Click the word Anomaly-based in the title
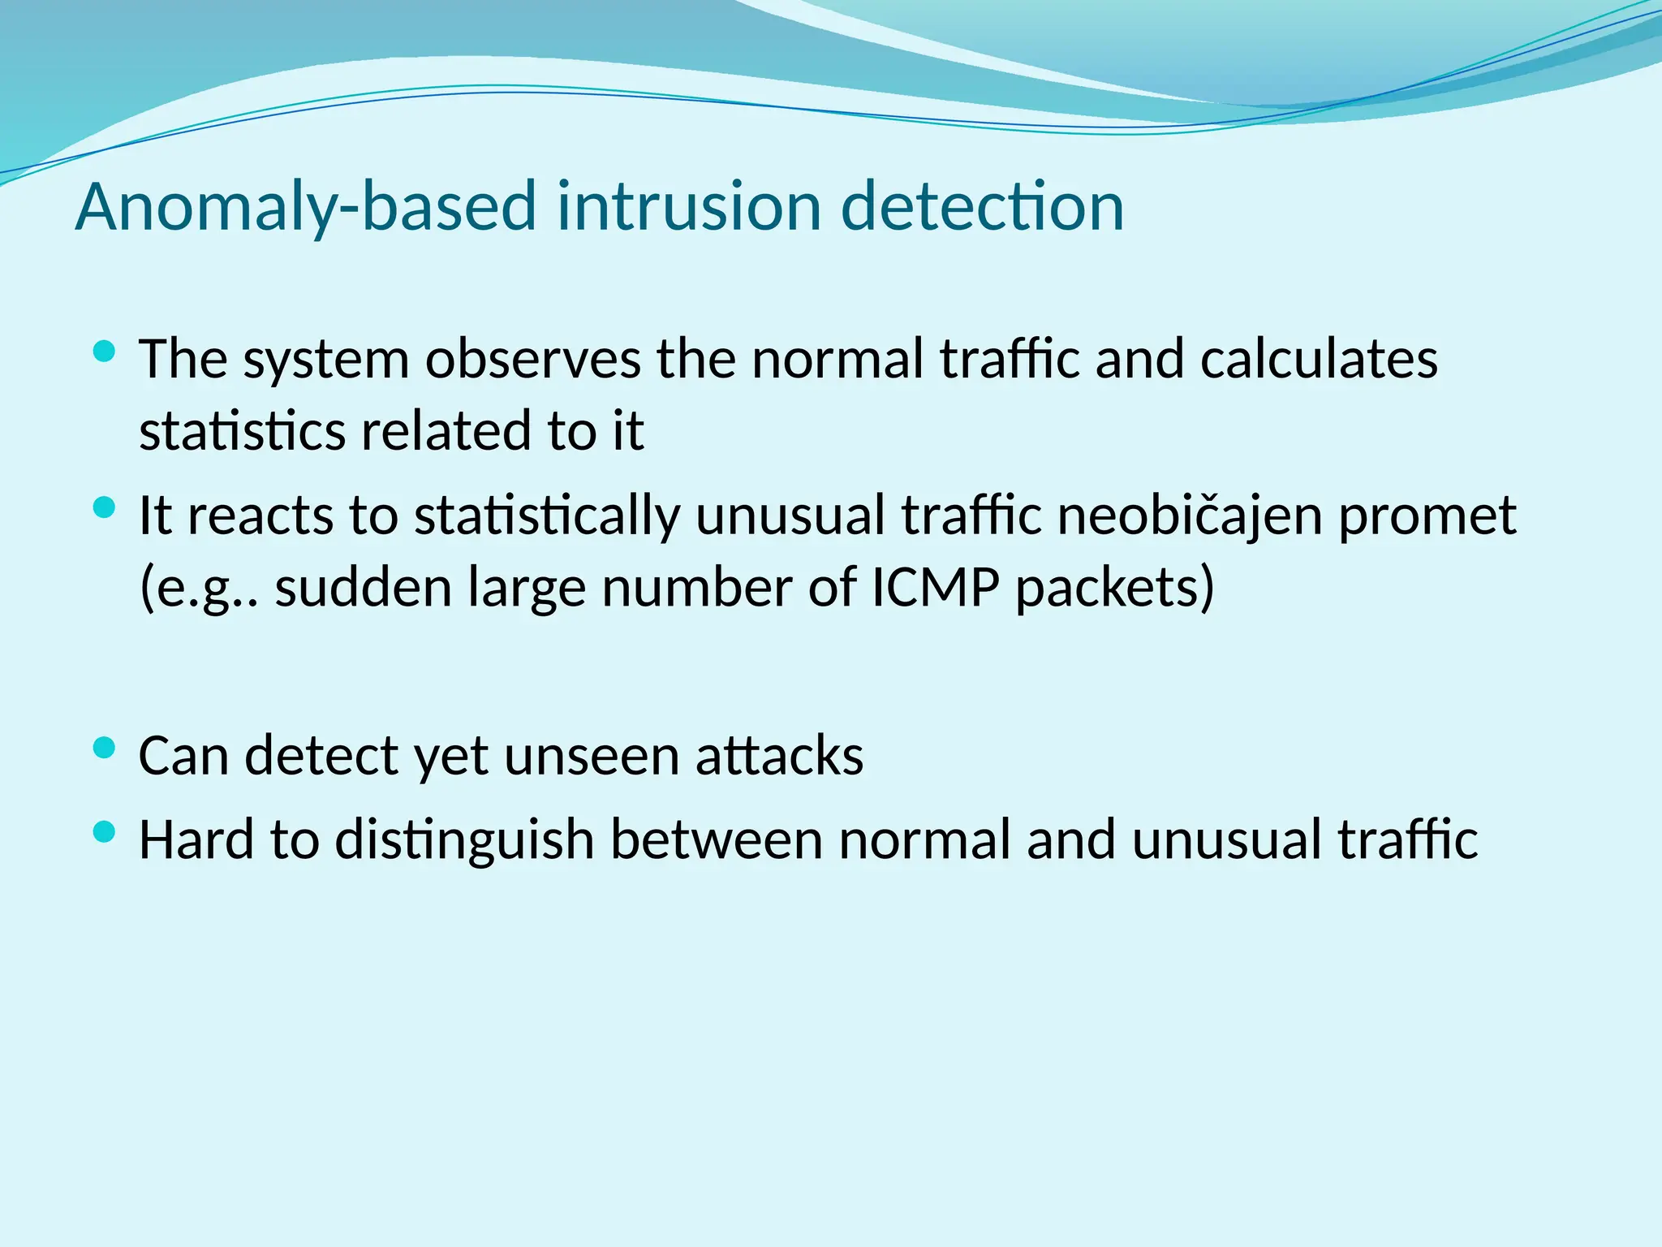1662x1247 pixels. coord(305,207)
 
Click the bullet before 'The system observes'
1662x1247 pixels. coord(105,352)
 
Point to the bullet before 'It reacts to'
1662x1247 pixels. coord(105,508)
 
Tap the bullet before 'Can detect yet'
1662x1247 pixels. coord(105,748)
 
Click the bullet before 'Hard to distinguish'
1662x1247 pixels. coord(105,831)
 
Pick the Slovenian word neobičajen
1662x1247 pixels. coord(1190,516)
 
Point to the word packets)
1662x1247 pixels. coord(1115,587)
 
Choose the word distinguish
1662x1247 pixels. coord(465,839)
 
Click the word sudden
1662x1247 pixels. coord(364,587)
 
